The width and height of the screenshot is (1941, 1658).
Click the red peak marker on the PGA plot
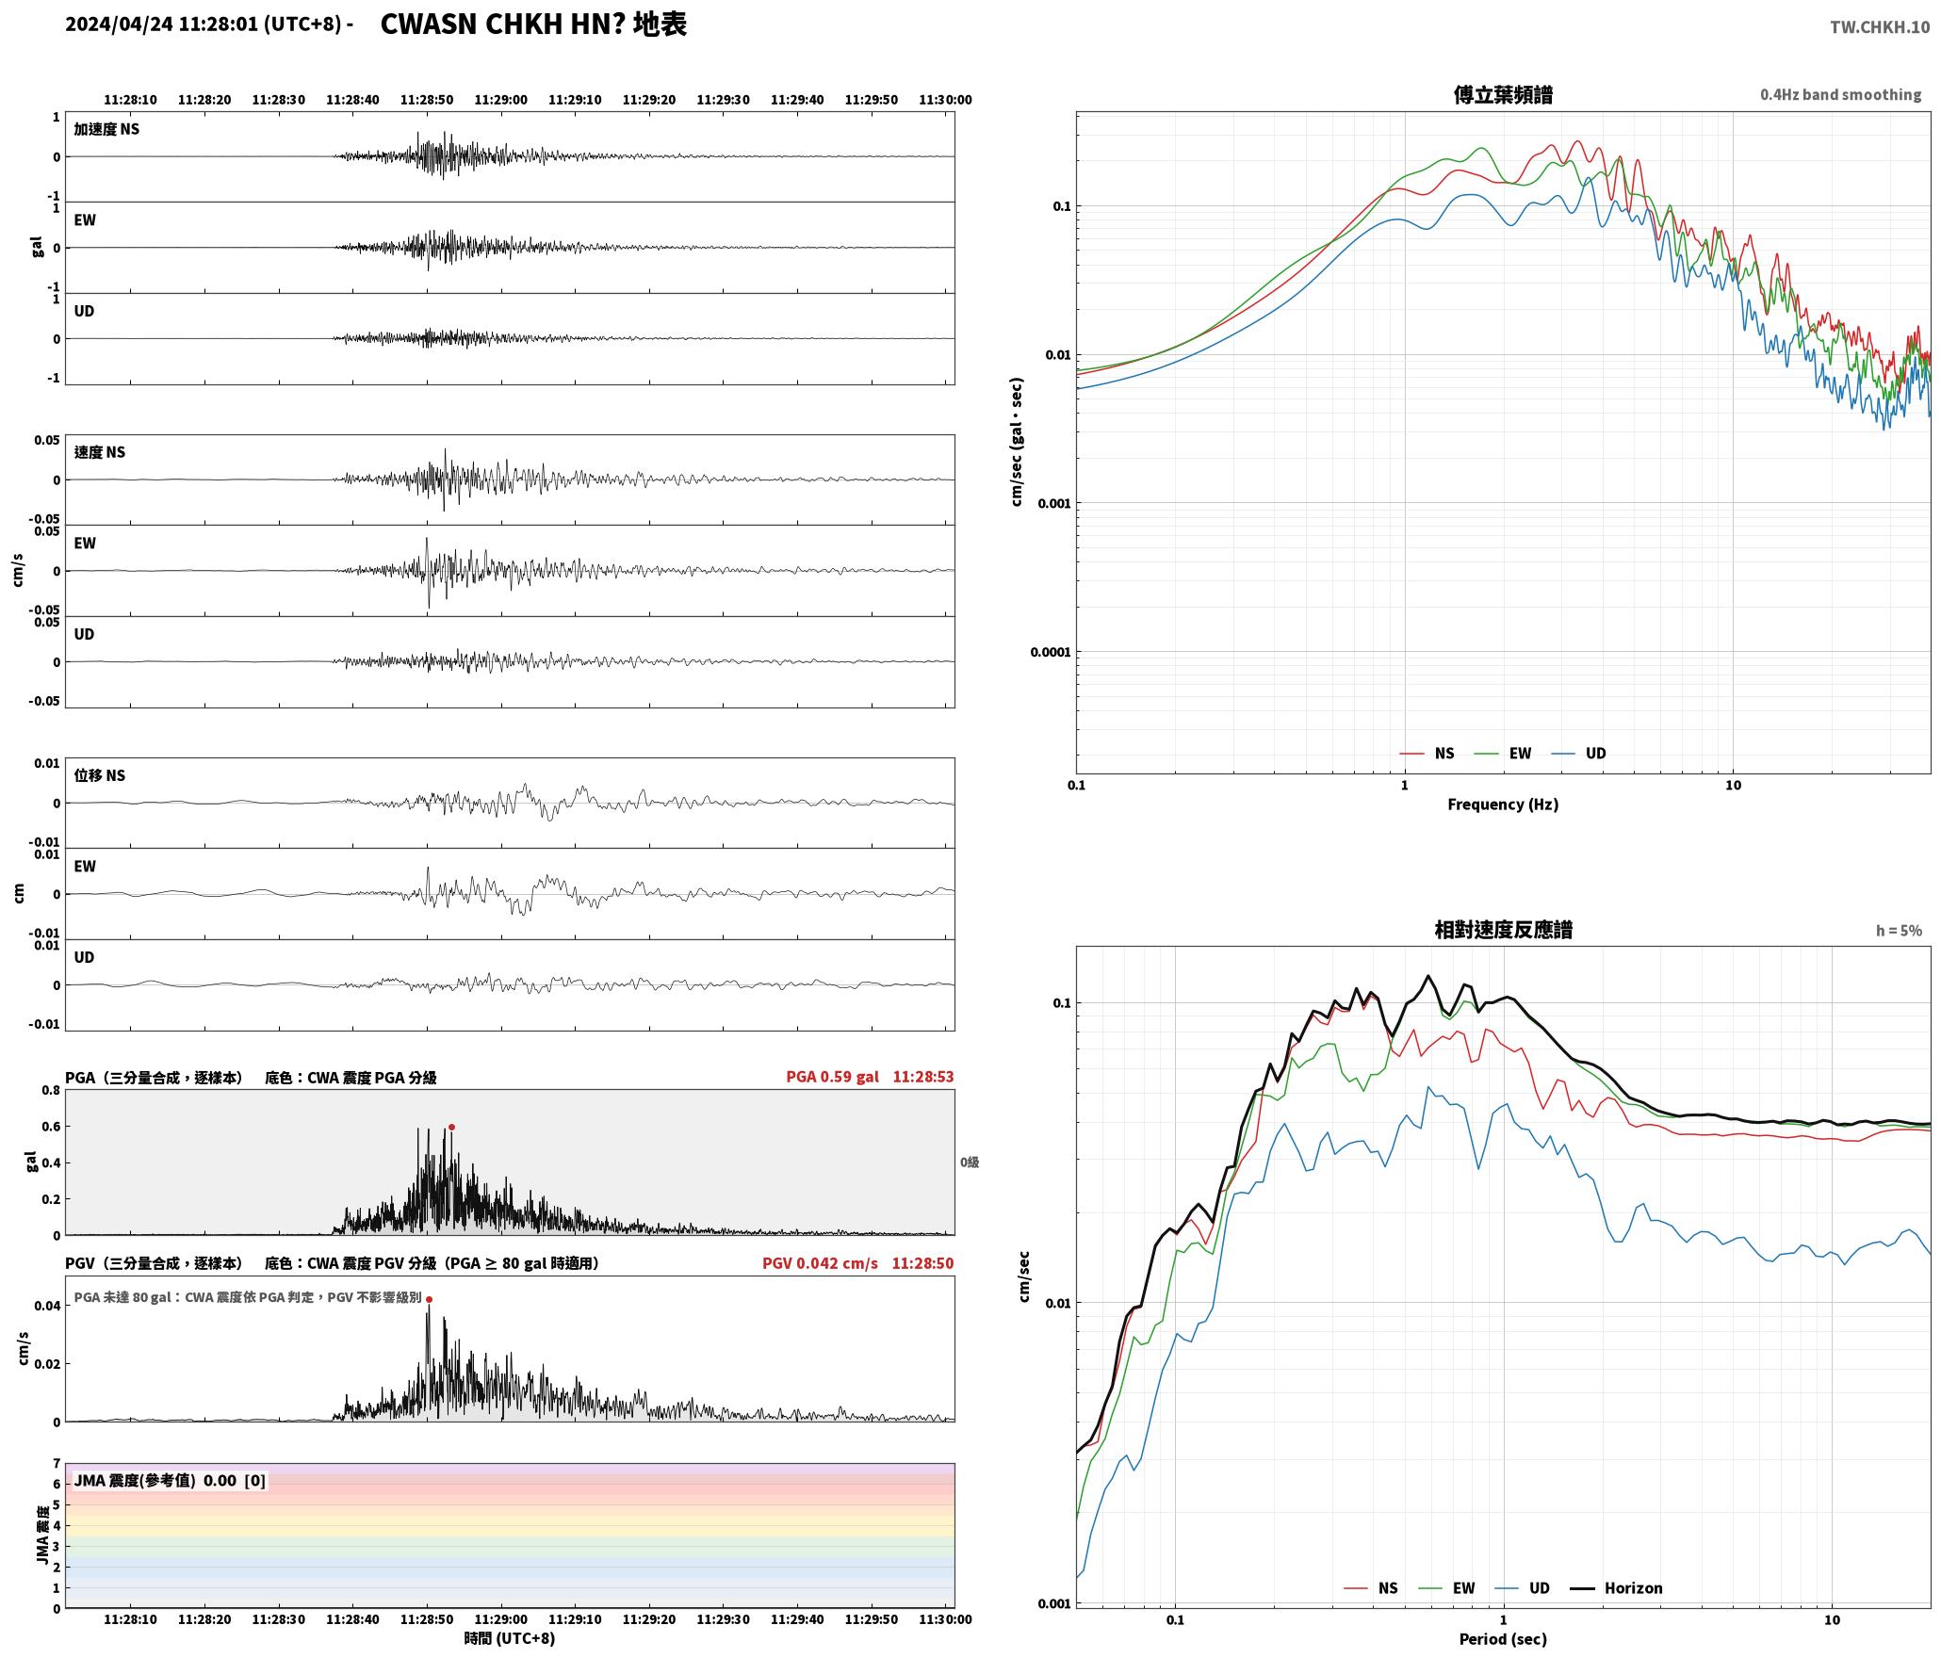click(x=451, y=1127)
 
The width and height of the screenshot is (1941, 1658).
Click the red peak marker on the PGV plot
click(x=429, y=1299)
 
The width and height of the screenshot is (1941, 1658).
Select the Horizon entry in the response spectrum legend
click(x=1617, y=1587)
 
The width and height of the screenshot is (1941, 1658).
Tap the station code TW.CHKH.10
click(x=1880, y=27)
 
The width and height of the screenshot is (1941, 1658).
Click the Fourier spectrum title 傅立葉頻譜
click(x=1503, y=94)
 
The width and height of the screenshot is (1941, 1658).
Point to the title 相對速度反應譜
click(x=1503, y=930)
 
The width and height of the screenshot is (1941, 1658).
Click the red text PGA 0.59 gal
click(x=832, y=1076)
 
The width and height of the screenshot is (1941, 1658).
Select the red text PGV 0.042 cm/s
click(x=820, y=1262)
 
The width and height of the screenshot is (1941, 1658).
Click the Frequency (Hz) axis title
click(x=1503, y=804)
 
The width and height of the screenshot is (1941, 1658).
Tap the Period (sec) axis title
click(x=1503, y=1639)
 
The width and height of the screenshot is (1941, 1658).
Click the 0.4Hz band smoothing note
click(x=1840, y=94)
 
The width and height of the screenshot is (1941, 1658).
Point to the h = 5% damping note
click(x=1899, y=931)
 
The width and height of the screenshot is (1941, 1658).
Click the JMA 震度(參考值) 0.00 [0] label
click(x=170, y=1480)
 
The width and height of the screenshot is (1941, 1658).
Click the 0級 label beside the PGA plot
click(x=970, y=1162)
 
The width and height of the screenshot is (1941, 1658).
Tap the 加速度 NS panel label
click(x=106, y=129)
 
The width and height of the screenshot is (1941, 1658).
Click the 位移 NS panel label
click(x=99, y=775)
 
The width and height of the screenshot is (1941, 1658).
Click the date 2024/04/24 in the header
click(x=119, y=24)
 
